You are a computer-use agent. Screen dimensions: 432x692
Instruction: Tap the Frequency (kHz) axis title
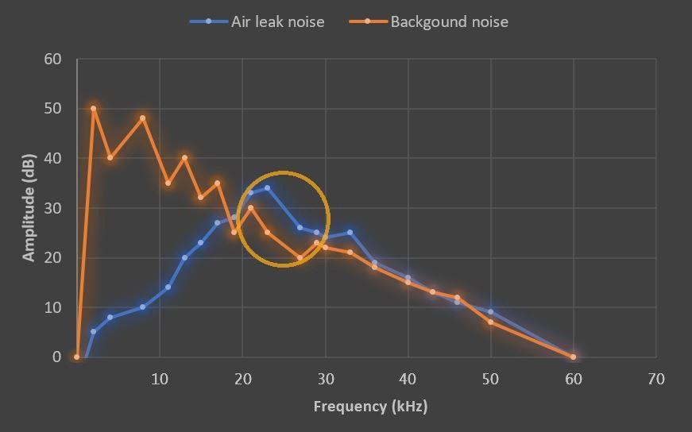(370, 407)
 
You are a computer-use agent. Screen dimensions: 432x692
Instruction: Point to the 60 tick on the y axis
(52, 60)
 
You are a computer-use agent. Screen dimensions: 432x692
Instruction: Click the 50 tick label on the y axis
(52, 109)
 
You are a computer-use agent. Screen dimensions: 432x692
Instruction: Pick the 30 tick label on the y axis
(52, 208)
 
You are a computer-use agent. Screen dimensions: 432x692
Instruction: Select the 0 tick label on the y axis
(56, 357)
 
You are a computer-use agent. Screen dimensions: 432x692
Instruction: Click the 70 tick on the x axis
(655, 379)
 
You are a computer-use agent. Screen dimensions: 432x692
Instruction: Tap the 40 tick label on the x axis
(408, 379)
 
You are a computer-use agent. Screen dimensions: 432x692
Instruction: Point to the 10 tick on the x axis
(160, 379)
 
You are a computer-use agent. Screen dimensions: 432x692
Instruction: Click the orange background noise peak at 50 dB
(94, 109)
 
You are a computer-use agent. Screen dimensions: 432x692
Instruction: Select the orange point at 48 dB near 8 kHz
(143, 118)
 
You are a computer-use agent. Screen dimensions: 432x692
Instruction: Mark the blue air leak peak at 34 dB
(267, 188)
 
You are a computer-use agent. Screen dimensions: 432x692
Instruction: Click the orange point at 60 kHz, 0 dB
(573, 357)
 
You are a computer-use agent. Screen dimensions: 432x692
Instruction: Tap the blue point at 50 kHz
(490, 312)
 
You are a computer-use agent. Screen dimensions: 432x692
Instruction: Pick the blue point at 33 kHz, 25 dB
(350, 233)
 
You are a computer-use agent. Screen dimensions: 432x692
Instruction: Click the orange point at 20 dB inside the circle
(300, 257)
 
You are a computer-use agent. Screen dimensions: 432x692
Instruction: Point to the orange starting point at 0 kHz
(77, 357)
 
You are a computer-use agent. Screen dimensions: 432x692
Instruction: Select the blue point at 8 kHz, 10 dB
(143, 307)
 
